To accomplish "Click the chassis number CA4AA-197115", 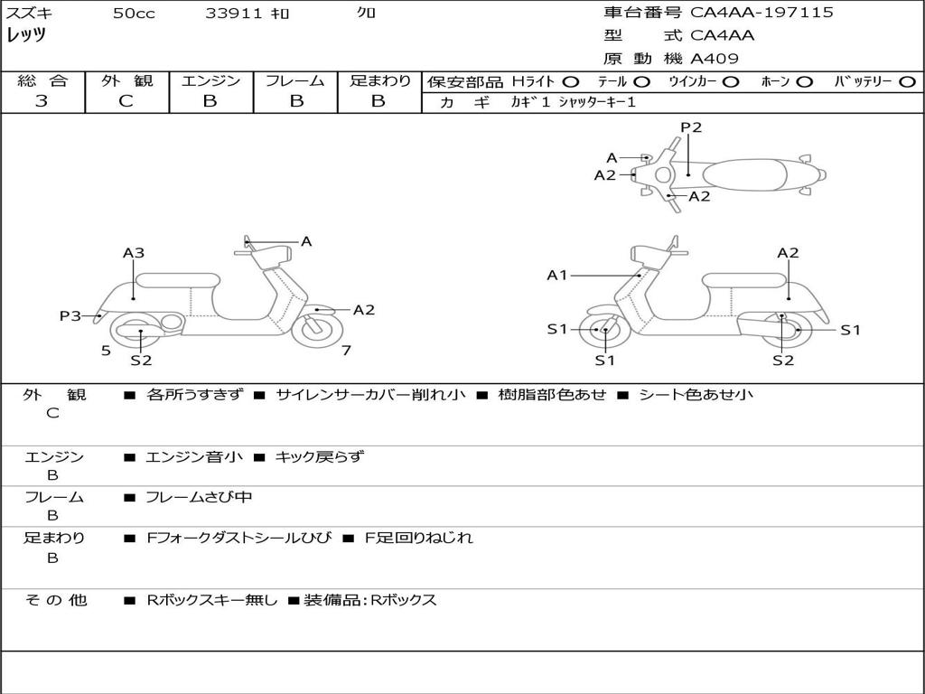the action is (761, 13).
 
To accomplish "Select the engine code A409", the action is (715, 59).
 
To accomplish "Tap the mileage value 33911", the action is (234, 14).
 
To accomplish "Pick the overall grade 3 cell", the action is (42, 101).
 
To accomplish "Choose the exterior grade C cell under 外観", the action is (126, 101).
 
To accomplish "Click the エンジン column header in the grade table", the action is (210, 80).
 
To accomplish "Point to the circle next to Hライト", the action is (571, 81).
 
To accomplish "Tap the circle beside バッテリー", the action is (908, 81).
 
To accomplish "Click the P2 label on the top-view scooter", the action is (691, 127).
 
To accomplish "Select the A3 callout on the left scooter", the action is (134, 253).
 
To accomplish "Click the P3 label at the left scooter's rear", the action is (70, 315).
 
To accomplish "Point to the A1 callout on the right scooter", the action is (556, 275).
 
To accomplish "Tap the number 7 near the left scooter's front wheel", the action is (346, 351).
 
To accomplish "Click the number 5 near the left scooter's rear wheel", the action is (106, 351).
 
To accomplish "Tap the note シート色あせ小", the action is (696, 394).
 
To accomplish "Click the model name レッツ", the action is (26, 36).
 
